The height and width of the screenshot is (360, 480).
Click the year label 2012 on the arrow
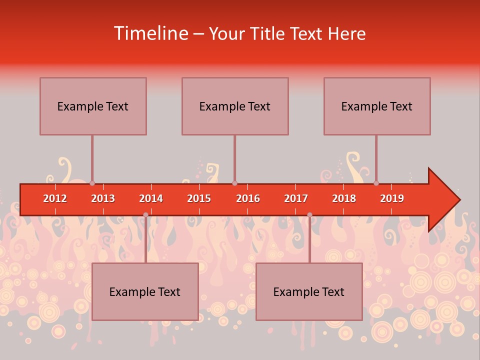[x=55, y=198]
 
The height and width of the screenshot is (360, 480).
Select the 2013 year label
[x=103, y=198]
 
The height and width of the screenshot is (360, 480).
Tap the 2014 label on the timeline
[x=151, y=198]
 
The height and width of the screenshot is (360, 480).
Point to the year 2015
[x=199, y=198]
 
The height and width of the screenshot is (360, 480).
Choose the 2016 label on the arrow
[x=248, y=198]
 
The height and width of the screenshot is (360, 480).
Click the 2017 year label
[x=296, y=198]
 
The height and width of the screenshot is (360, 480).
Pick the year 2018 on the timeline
[x=344, y=198]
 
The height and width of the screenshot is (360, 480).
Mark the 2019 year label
[x=392, y=198]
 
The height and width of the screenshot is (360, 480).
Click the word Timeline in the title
[x=150, y=33]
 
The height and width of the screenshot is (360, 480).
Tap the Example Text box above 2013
[x=93, y=106]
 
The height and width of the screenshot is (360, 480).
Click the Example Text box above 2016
[x=235, y=106]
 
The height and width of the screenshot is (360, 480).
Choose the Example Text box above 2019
[x=377, y=106]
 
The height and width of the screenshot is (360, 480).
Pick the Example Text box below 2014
[x=145, y=291]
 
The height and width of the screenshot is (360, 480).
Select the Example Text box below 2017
[x=309, y=291]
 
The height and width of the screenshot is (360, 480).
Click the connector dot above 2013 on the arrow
[x=92, y=183]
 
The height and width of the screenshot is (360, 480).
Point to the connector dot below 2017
[x=309, y=215]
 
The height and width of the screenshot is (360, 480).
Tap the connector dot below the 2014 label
[x=145, y=215]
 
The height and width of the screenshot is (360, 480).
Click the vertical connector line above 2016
[x=234, y=157]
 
